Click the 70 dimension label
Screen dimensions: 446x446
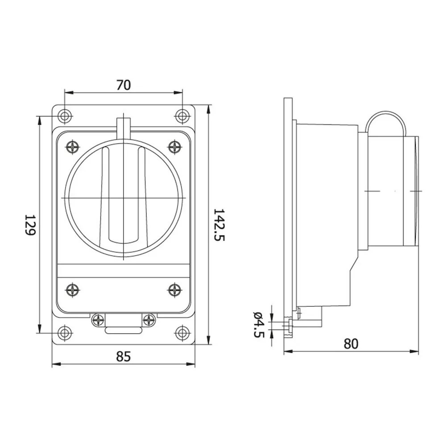(124, 85)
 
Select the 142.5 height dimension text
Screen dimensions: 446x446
(219, 225)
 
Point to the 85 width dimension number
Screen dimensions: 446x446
(124, 356)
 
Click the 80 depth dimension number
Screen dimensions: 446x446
(351, 344)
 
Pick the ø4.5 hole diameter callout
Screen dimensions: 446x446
(259, 324)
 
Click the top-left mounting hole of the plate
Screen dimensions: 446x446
(65, 116)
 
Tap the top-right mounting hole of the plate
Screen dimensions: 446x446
(182, 116)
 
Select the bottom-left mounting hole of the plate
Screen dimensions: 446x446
(65, 333)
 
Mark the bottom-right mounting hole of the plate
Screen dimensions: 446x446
(182, 333)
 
